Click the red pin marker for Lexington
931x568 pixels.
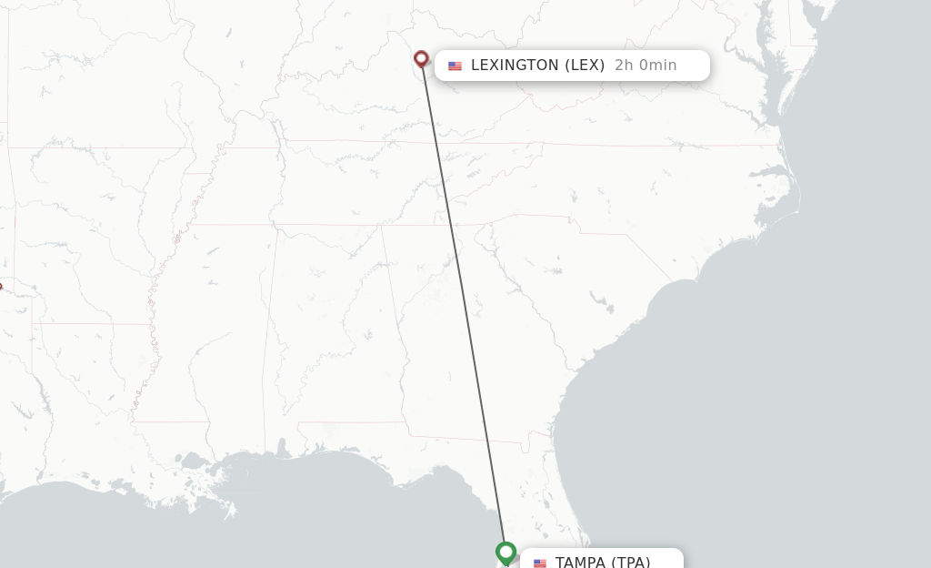click(421, 59)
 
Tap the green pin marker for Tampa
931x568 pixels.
click(506, 552)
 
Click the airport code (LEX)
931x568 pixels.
click(585, 66)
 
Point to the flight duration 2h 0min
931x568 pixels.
click(646, 66)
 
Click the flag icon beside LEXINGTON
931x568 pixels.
click(455, 66)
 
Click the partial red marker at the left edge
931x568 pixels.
click(1, 287)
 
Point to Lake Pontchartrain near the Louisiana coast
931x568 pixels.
click(193, 462)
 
